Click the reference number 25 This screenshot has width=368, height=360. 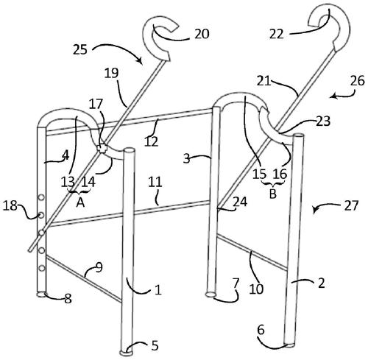tap(80, 49)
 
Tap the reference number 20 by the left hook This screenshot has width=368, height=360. tap(202, 34)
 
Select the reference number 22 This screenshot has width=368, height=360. tap(277, 34)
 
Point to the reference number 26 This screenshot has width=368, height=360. tap(358, 81)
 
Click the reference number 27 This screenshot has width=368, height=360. tap(351, 205)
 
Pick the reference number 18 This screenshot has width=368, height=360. tap(10, 205)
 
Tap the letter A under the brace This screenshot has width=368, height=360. tap(80, 202)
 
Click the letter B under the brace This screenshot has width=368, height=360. tap(272, 194)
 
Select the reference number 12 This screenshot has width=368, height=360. tap(151, 141)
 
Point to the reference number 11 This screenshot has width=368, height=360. tap(155, 183)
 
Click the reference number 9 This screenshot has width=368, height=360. tap(99, 268)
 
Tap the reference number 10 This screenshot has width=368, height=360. tap(257, 289)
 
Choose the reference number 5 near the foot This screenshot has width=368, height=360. tap(155, 345)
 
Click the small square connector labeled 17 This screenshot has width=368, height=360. tap(101, 149)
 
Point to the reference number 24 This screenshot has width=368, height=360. tap(240, 202)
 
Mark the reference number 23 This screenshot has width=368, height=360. tap(323, 121)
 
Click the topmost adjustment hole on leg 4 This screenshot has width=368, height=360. tap(42, 197)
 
